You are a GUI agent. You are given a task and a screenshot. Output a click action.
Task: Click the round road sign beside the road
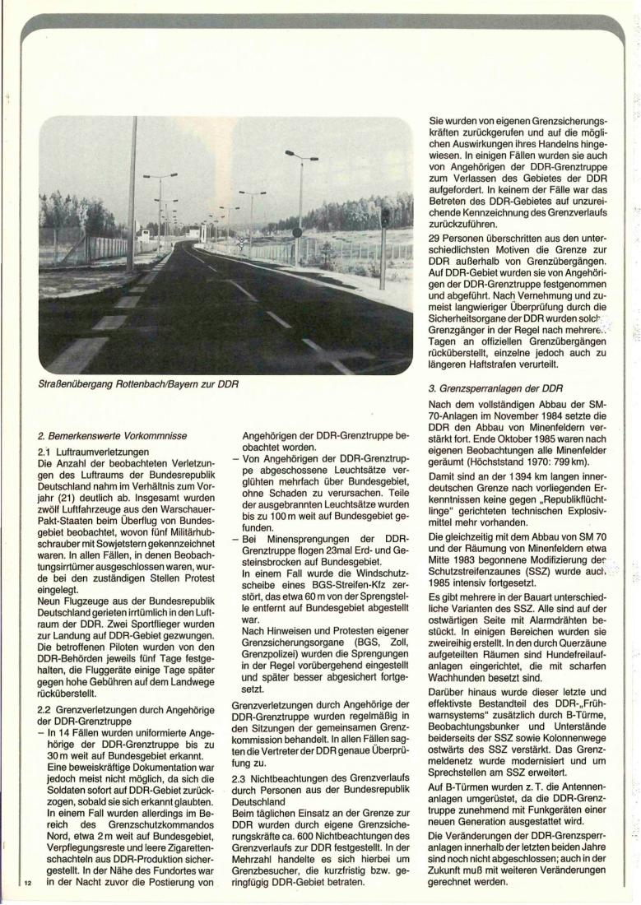[298, 233]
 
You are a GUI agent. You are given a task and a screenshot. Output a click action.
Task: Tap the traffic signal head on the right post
[385, 218]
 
